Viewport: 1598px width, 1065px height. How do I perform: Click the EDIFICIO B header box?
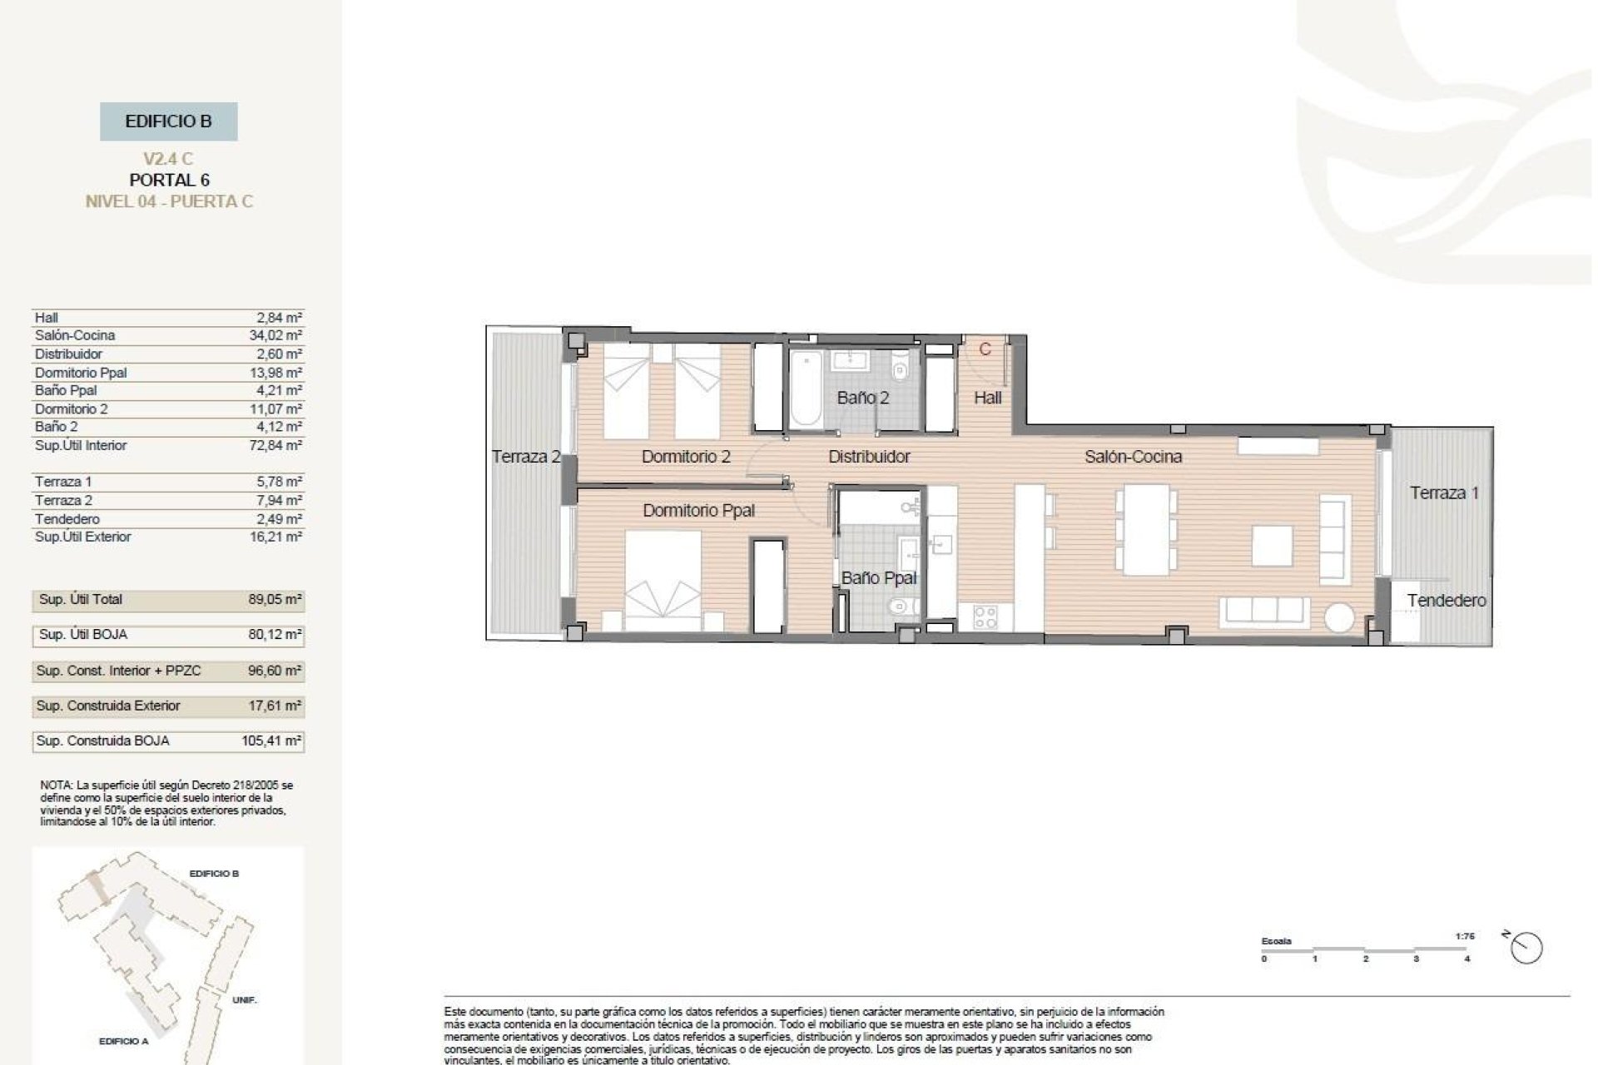(168, 121)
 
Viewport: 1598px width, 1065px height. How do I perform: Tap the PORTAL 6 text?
(169, 180)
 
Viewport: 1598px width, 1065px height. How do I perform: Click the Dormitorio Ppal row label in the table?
(81, 373)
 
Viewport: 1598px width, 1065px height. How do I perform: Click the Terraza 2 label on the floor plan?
(525, 456)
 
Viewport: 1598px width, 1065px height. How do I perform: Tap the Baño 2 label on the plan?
(862, 398)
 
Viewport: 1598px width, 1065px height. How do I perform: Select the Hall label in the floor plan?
(987, 398)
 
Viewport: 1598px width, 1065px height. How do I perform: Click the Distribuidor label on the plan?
(869, 456)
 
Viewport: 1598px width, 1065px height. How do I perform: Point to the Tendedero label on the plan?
(1446, 600)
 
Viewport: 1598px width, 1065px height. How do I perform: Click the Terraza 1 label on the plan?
(1444, 493)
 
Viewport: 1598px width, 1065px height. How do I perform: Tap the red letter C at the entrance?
(985, 349)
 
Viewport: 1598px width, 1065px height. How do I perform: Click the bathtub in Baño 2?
(806, 389)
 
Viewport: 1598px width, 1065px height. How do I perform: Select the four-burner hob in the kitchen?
(985, 617)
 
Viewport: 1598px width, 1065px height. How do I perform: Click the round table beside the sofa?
(1339, 618)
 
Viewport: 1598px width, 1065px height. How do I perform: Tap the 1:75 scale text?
(1465, 936)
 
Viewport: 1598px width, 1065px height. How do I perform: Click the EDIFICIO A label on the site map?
(123, 1041)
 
